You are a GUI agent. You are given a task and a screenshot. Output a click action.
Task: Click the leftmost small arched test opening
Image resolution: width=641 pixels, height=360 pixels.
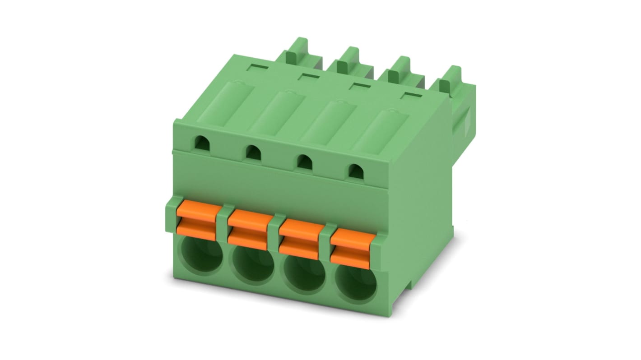(201, 143)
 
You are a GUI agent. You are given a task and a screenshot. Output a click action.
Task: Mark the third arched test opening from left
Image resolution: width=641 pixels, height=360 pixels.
(305, 161)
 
